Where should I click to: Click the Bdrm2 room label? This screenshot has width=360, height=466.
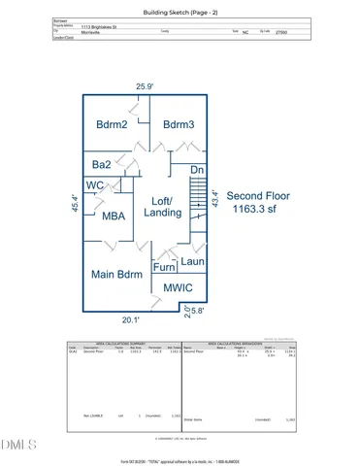[x=112, y=124]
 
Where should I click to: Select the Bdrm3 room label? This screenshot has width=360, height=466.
[x=180, y=124]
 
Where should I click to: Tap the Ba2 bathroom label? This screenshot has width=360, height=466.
[x=100, y=166]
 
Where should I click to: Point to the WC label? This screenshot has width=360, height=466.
[x=95, y=185]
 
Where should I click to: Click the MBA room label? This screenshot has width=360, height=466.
[x=114, y=217]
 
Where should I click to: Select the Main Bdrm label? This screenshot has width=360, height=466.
[x=117, y=275]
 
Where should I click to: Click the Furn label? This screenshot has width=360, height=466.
[x=164, y=267]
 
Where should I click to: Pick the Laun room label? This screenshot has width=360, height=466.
[x=192, y=261]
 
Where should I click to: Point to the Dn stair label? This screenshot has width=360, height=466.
[x=197, y=170]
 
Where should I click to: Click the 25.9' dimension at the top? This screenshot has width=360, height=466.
[x=146, y=87]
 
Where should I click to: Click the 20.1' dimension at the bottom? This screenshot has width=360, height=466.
[x=130, y=318]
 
